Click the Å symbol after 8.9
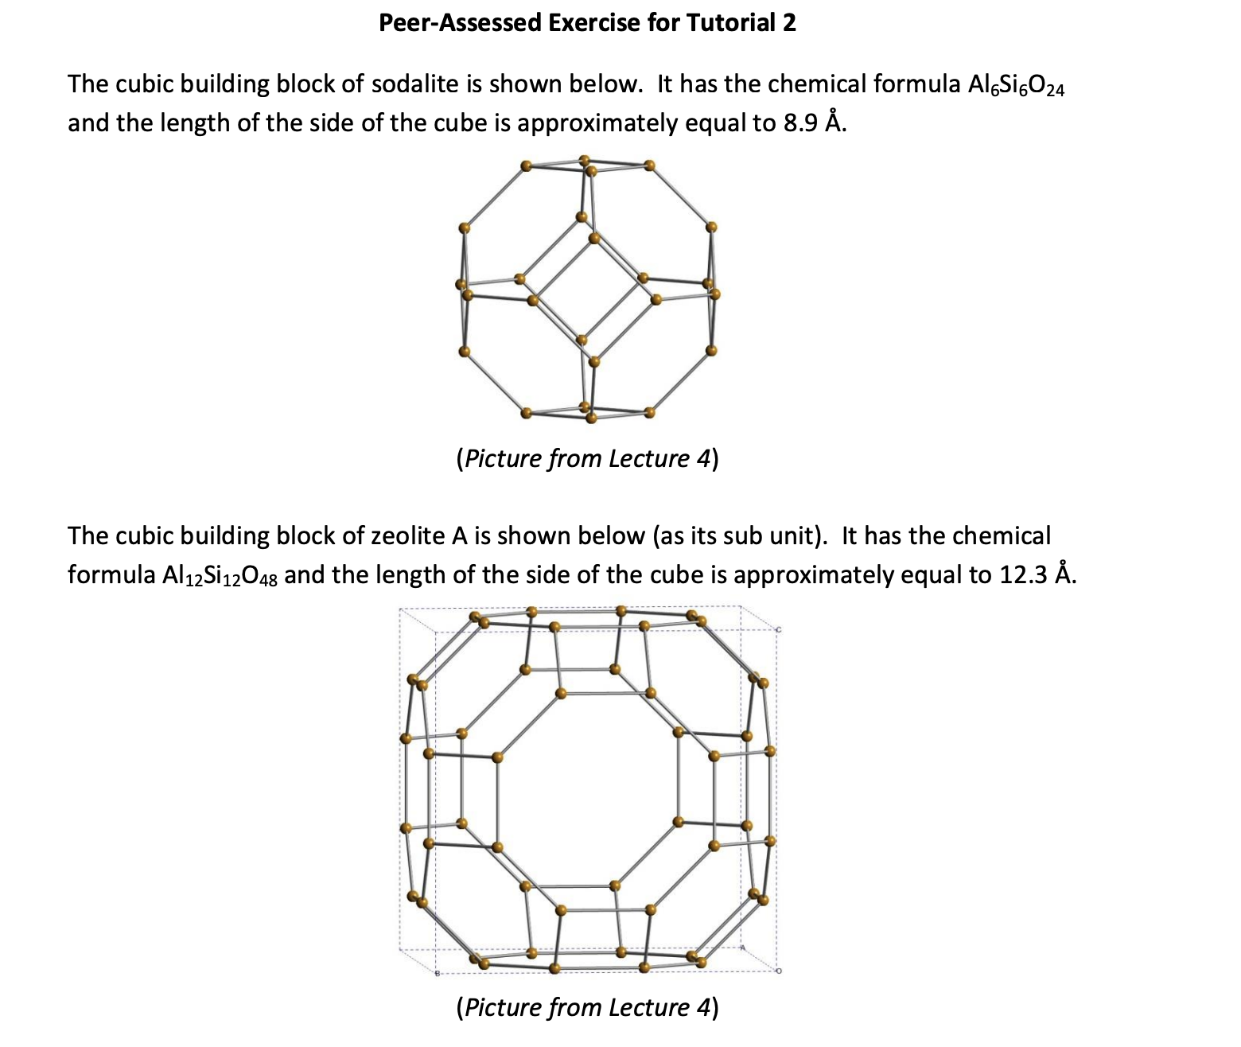pos(831,123)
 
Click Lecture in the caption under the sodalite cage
pos(648,459)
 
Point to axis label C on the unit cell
pos(779,629)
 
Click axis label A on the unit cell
pos(743,948)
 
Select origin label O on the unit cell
pos(779,971)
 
